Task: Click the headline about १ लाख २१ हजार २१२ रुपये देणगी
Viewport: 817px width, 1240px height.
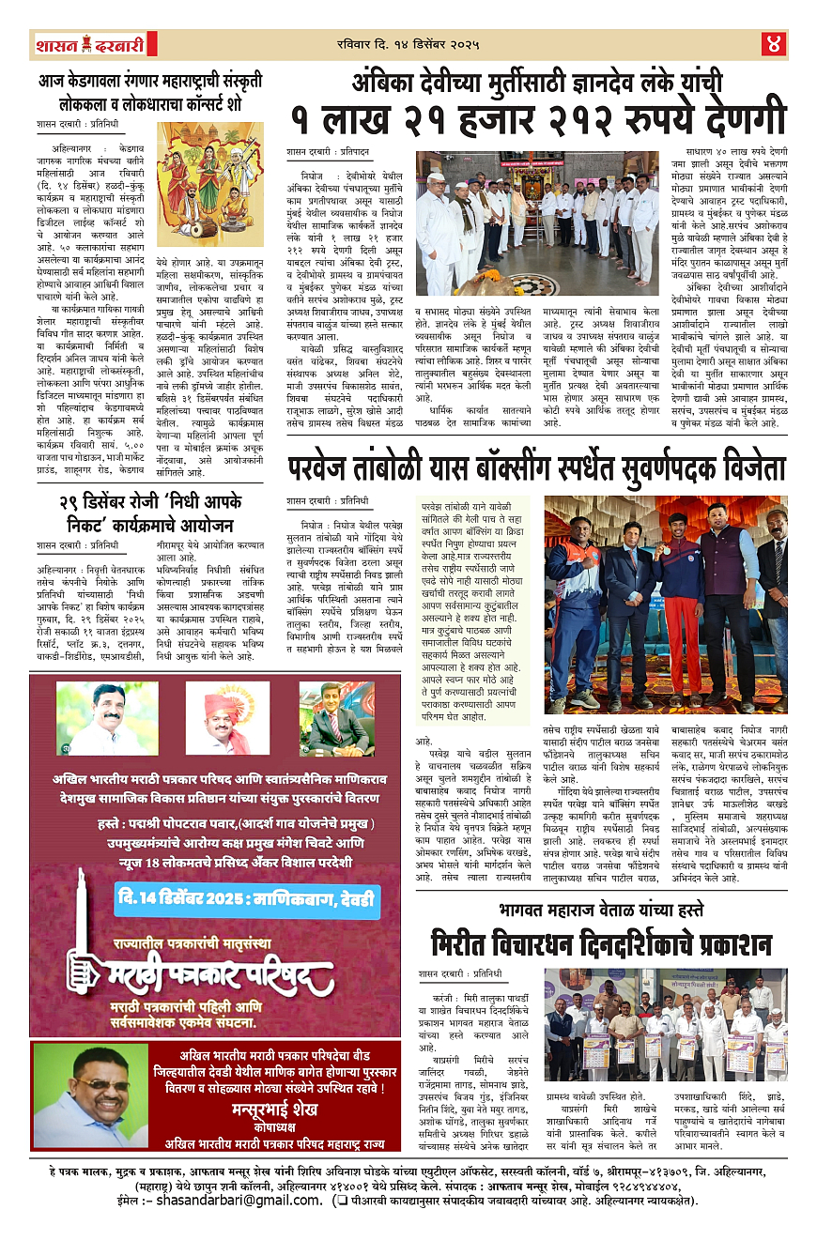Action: pyautogui.click(x=537, y=120)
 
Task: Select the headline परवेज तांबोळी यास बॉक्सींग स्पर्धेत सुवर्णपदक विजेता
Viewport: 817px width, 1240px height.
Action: pyautogui.click(x=537, y=467)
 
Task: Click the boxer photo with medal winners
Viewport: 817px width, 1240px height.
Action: pyautogui.click(x=666, y=605)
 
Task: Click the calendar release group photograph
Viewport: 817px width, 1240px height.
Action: pyautogui.click(x=666, y=1025)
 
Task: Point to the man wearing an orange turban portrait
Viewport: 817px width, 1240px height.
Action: pyautogui.click(x=227, y=718)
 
